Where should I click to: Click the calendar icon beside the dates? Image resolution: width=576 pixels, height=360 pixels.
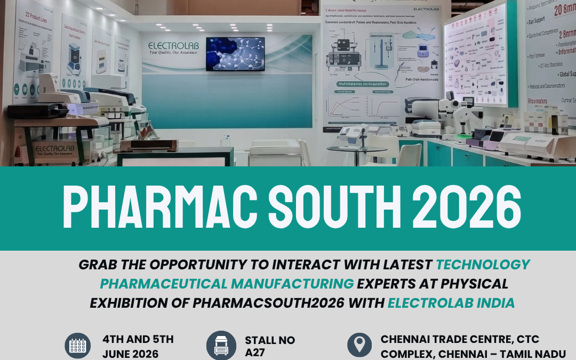click(78, 346)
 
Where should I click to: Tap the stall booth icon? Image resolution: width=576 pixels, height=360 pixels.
click(221, 346)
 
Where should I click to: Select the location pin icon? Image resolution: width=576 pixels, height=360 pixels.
click(359, 346)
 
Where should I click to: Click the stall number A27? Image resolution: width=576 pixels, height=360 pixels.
click(255, 352)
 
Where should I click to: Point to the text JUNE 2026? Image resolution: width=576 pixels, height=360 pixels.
click(130, 354)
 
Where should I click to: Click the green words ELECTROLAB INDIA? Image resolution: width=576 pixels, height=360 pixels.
click(451, 303)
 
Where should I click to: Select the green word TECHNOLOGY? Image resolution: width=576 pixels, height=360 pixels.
click(483, 265)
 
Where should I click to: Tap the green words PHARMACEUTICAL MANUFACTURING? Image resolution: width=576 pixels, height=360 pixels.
click(227, 284)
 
